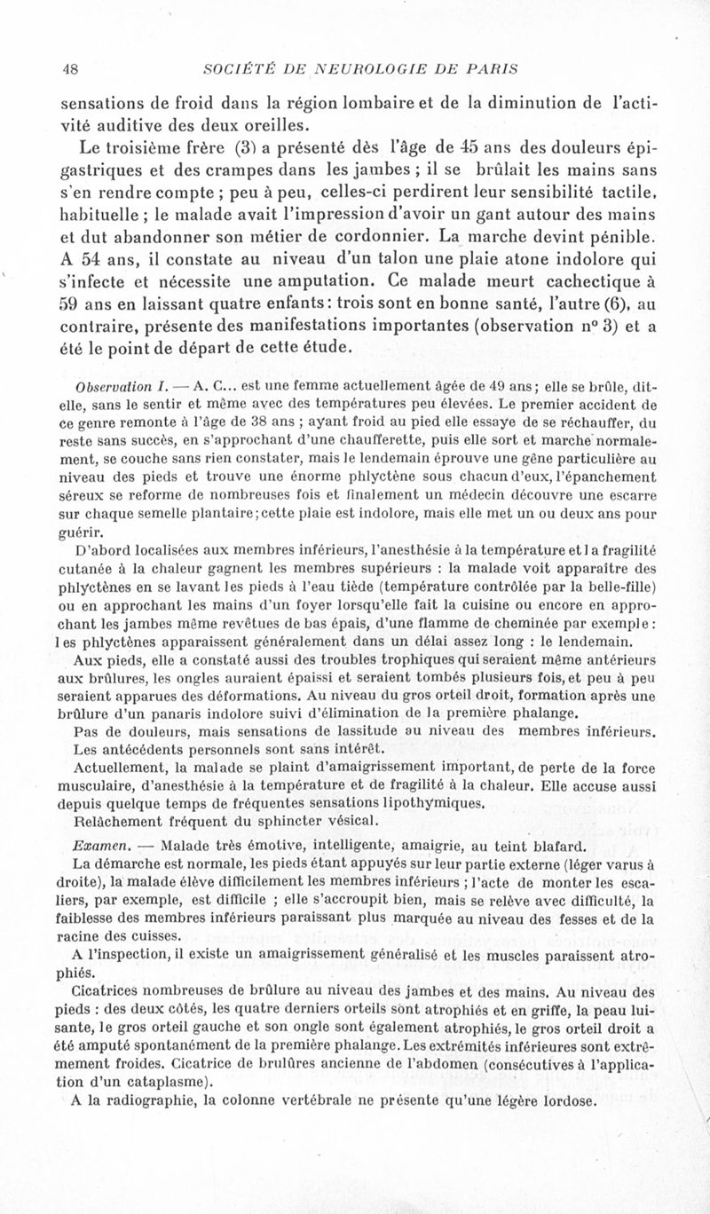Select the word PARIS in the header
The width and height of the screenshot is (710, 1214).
tap(492, 68)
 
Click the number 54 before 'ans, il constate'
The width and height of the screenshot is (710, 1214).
tap(94, 262)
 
